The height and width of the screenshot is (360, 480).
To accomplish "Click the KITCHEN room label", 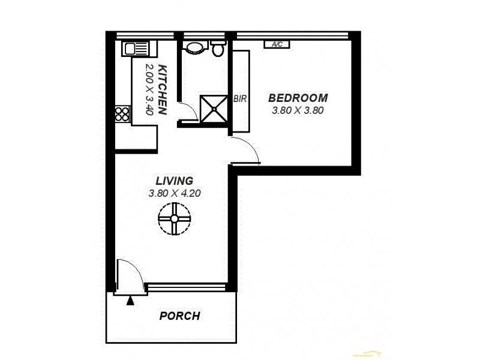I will coord(161,91).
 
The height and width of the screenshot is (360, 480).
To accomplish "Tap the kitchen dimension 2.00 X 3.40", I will coord(146,89).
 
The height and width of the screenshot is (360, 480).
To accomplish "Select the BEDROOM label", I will coord(298,98).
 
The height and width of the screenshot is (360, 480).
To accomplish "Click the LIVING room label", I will coord(174,181).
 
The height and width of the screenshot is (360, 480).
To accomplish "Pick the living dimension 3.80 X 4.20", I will coord(174,193).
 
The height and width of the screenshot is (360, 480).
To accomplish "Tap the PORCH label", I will coord(179,316).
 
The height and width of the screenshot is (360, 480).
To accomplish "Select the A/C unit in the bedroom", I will coord(277,44).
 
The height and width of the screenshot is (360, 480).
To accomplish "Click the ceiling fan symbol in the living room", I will coord(174,218).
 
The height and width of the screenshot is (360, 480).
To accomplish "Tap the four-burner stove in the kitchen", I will coord(122,114).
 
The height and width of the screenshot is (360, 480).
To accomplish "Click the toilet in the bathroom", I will coord(218,49).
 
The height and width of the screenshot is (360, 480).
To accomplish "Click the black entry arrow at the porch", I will coord(131,299).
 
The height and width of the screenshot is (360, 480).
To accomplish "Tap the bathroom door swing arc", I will coord(188,111).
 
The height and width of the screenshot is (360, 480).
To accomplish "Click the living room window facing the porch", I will coord(187,287).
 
